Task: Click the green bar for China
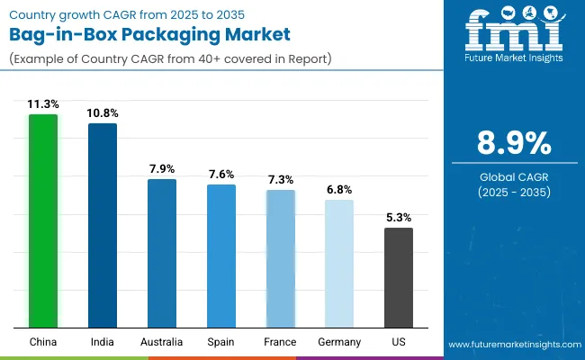coord(43,220)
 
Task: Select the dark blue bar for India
coord(103,225)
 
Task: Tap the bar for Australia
coord(162,253)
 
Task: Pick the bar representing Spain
coord(220,256)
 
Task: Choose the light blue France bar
coord(280,258)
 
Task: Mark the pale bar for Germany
coord(339,263)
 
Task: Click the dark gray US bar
coord(399,277)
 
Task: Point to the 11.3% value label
coord(43,104)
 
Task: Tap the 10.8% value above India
coord(103,113)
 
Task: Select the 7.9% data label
coord(162,169)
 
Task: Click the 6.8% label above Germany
coord(339,190)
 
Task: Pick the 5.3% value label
coord(399,218)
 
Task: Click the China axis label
coord(43,342)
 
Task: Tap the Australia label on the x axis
coord(162,342)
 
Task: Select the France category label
coord(280,342)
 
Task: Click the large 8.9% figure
coord(512,144)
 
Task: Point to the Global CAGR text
coord(512,177)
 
